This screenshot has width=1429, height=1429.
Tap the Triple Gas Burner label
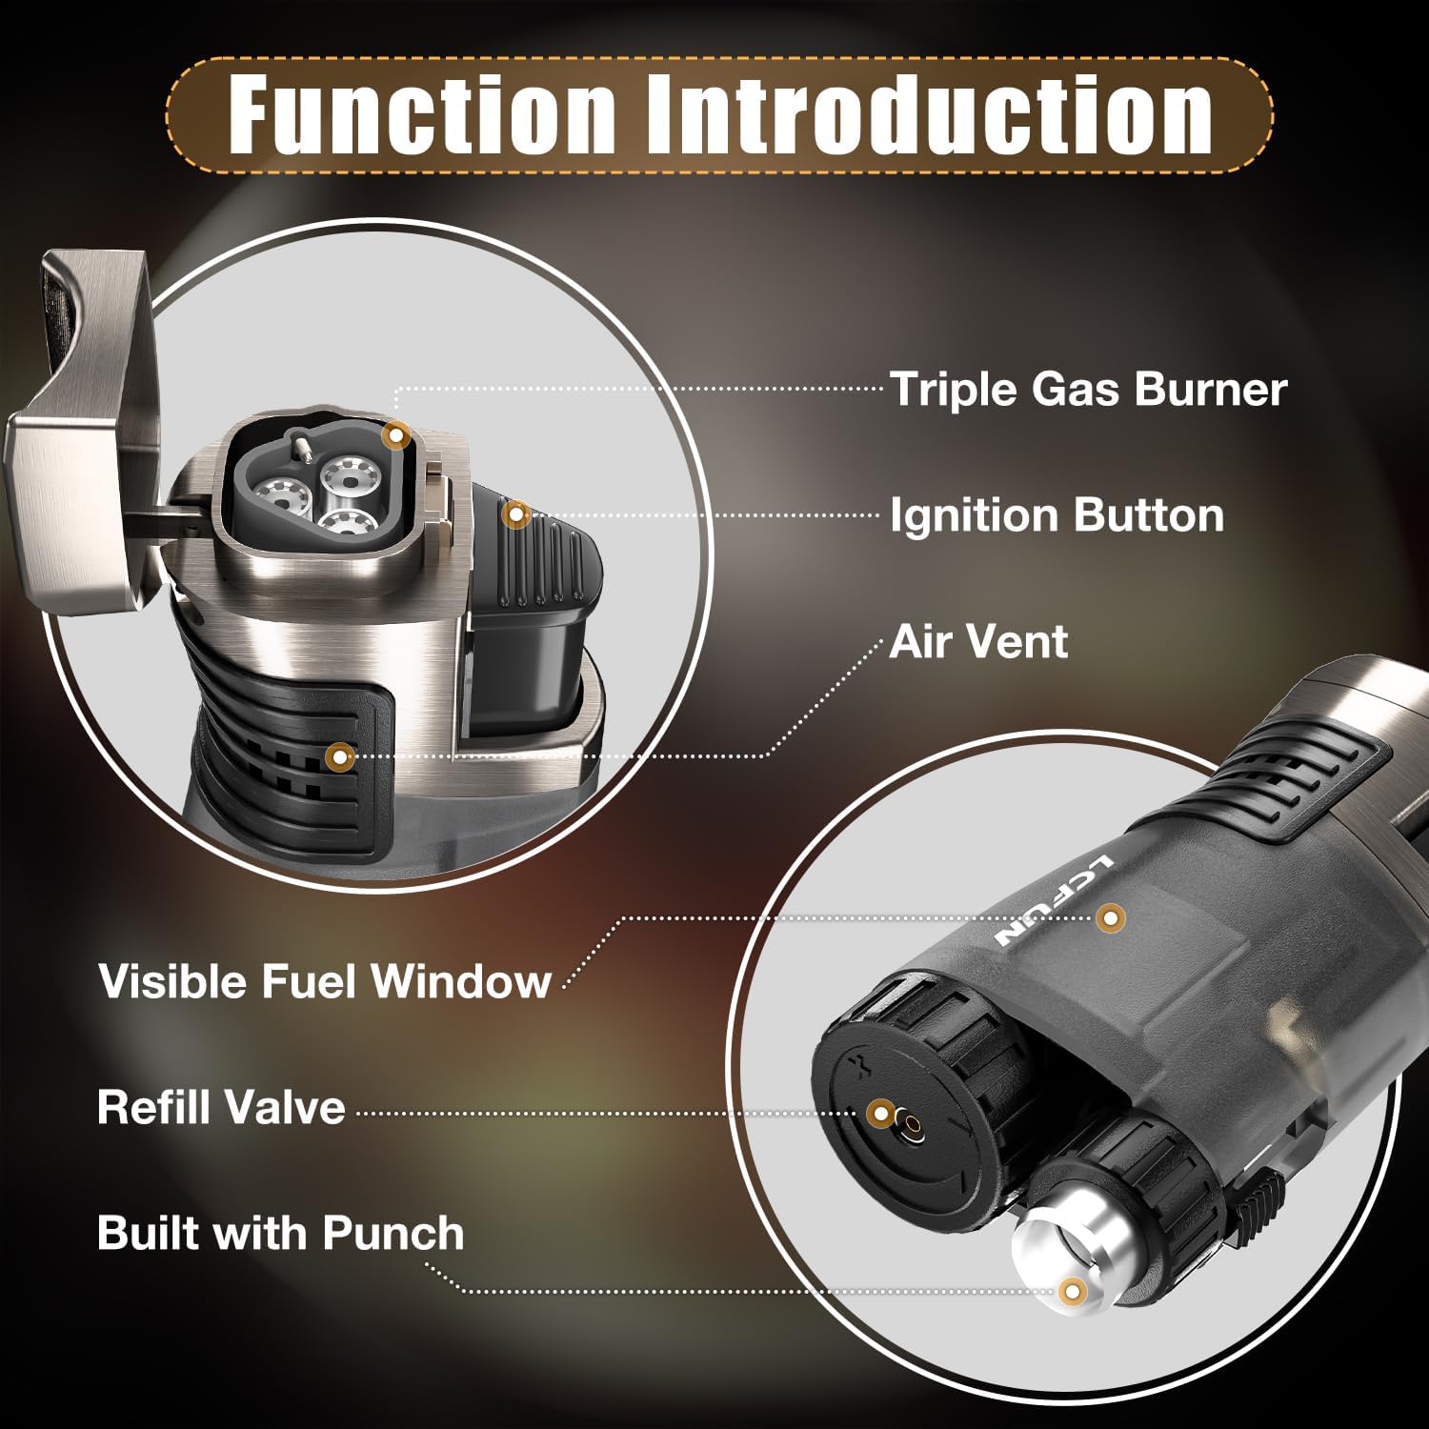pos(1088,390)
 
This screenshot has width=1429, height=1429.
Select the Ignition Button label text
pos(1057,515)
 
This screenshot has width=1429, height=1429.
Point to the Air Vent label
pos(978,641)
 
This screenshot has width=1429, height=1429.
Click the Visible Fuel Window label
pos(325,980)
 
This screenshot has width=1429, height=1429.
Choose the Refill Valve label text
pos(221,1107)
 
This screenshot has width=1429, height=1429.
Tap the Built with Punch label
pos(281,1233)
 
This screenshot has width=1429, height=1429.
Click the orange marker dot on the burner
pos(396,435)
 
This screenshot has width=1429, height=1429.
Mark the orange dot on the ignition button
pos(516,514)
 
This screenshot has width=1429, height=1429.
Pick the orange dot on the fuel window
pos(1110,918)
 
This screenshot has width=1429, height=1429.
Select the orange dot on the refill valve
pos(882,1112)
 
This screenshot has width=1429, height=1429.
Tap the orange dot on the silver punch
pos(1073,1291)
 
